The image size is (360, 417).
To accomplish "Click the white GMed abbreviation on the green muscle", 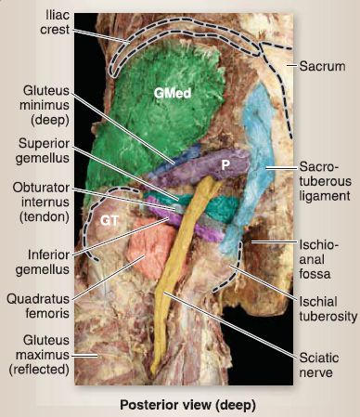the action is pyautogui.click(x=173, y=93).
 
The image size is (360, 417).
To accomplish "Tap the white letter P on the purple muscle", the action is pyautogui.click(x=225, y=165).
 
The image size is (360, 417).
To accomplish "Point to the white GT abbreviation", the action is pyautogui.click(x=109, y=221).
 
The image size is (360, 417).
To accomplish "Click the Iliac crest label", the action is pyautogui.click(x=55, y=22).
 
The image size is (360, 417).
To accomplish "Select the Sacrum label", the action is pyautogui.click(x=322, y=66).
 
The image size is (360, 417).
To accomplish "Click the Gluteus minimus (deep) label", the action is pyautogui.click(x=45, y=105).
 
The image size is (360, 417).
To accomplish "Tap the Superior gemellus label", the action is pyautogui.click(x=44, y=150).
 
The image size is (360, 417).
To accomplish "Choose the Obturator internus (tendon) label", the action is pyautogui.click(x=41, y=202).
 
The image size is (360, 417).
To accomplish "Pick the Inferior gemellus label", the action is pyautogui.click(x=43, y=262).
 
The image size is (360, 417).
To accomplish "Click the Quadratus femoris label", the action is pyautogui.click(x=38, y=306).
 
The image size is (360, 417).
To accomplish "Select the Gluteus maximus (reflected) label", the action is pyautogui.click(x=39, y=355).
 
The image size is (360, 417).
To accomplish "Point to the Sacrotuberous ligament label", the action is pyautogui.click(x=325, y=181).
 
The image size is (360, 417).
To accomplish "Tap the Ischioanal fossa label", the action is pyautogui.click(x=318, y=259).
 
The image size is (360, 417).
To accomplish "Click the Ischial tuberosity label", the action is pyautogui.click(x=328, y=309).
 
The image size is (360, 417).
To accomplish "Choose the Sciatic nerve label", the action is pyautogui.click(x=318, y=365).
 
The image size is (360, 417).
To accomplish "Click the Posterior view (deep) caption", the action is pyautogui.click(x=188, y=405).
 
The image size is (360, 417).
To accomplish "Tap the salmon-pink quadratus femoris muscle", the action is pyautogui.click(x=151, y=246).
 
